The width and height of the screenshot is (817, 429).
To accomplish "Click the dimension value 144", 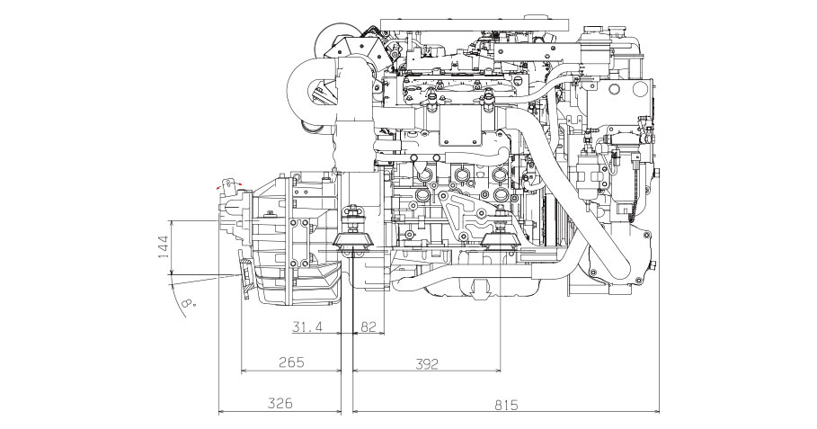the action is (x=164, y=246).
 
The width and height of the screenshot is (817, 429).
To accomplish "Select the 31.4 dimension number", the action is (x=306, y=327).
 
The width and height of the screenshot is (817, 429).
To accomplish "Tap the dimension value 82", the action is (x=368, y=327).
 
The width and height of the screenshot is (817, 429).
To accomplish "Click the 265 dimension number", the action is (x=291, y=362).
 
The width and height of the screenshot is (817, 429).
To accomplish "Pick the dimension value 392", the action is (x=426, y=364).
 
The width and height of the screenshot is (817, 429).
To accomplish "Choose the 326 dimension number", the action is (x=280, y=403).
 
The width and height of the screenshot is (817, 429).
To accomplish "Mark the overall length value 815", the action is (x=505, y=405).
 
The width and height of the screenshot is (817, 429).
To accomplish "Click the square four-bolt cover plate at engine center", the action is (x=459, y=128).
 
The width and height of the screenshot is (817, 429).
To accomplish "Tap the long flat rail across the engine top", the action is (x=475, y=23).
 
